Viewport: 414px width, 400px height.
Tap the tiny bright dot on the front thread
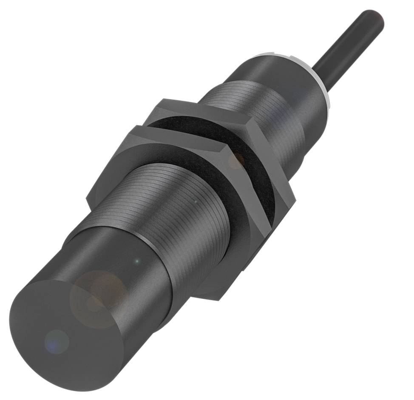click(x=195, y=200)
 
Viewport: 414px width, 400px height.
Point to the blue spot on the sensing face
click(x=56, y=341)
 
